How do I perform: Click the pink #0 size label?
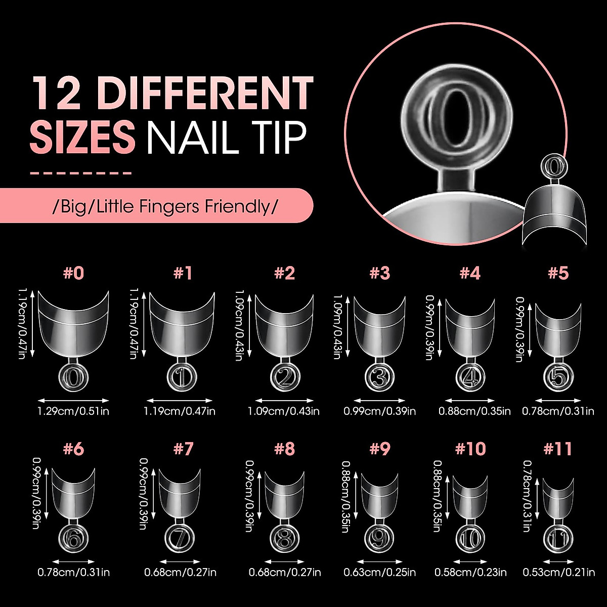74,273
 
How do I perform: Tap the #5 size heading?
558,273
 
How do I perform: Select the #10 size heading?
470,448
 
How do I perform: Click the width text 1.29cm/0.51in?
74,411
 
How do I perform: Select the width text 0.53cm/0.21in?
558,573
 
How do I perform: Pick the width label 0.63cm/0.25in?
380,573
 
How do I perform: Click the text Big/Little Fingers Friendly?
165,206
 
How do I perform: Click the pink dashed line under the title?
81,173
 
